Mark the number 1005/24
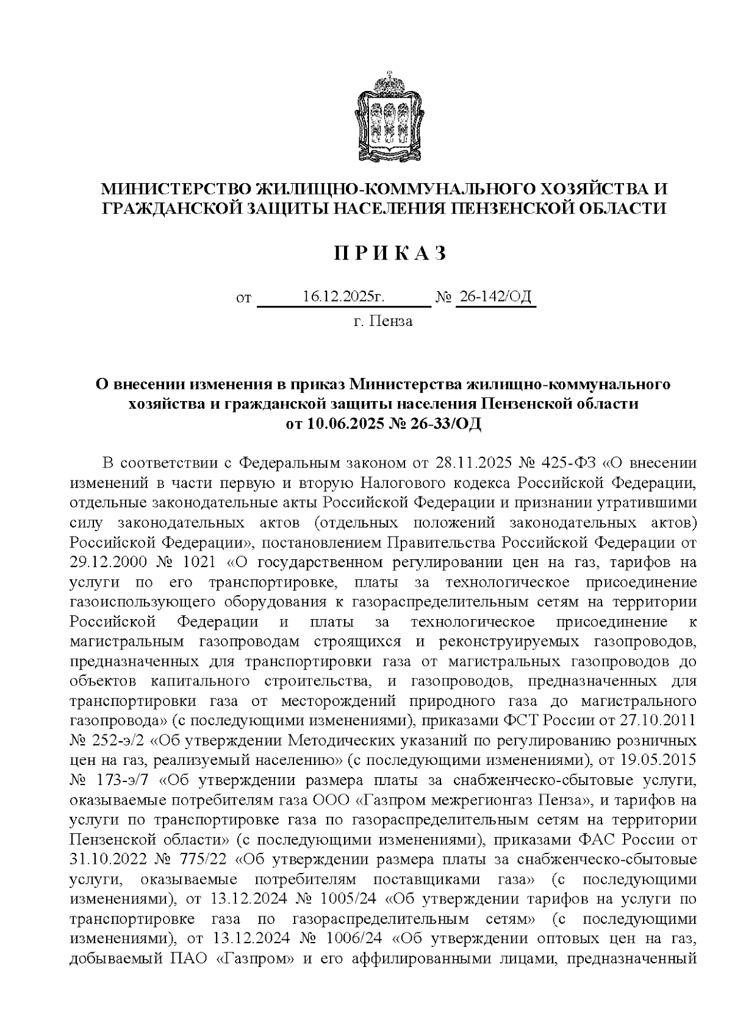tap(345, 898)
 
